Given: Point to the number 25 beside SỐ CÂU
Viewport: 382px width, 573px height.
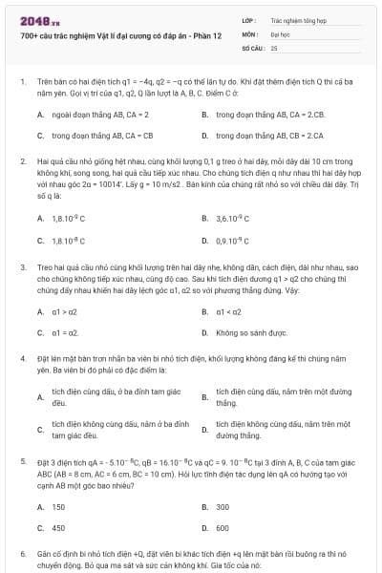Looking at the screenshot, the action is point(274,47).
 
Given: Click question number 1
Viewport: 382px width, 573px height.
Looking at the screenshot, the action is point(22,81).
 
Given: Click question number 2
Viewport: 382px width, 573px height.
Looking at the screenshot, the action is point(22,163).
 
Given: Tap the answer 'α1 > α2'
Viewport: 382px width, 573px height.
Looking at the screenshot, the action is point(65,311).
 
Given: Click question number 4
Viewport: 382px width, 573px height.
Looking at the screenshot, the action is point(22,357).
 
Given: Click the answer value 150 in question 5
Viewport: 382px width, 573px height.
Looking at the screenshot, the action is point(58,506).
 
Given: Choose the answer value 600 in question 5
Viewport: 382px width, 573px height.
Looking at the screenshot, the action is point(223,527).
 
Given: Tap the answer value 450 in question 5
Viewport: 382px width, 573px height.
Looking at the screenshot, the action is point(58,527).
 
